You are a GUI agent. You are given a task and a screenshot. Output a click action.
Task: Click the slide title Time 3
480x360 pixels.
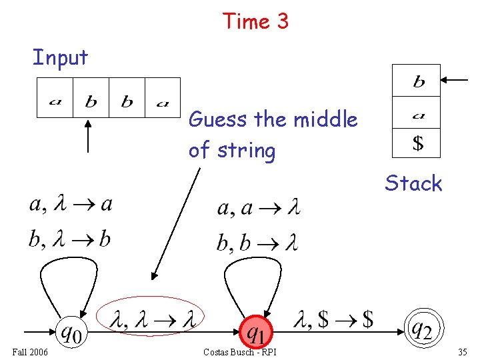coord(255,21)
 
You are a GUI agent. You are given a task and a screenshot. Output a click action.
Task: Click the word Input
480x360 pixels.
coord(60,58)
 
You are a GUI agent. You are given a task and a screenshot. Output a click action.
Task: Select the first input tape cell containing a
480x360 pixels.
coord(55,98)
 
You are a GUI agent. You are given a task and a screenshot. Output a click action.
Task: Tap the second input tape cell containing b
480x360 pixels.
coord(91,98)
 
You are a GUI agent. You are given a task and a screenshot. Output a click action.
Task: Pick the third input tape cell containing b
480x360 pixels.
coord(127,98)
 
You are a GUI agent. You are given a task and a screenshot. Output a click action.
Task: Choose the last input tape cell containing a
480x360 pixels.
coord(163,98)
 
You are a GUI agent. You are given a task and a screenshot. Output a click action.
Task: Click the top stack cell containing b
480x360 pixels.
coord(417,81)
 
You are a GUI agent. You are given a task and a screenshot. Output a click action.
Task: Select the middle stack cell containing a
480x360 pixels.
coord(417,113)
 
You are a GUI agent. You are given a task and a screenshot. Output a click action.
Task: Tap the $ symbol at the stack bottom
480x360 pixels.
coord(417,142)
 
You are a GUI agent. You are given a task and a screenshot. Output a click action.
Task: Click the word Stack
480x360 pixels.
coord(413,183)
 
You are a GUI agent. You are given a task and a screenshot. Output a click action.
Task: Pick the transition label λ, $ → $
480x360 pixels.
coord(333,320)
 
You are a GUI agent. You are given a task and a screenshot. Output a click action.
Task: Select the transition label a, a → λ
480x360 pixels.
coord(258,209)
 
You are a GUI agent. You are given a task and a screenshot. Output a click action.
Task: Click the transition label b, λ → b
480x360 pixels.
coord(69,239)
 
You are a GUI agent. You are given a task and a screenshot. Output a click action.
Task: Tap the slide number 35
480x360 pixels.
coord(463,351)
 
